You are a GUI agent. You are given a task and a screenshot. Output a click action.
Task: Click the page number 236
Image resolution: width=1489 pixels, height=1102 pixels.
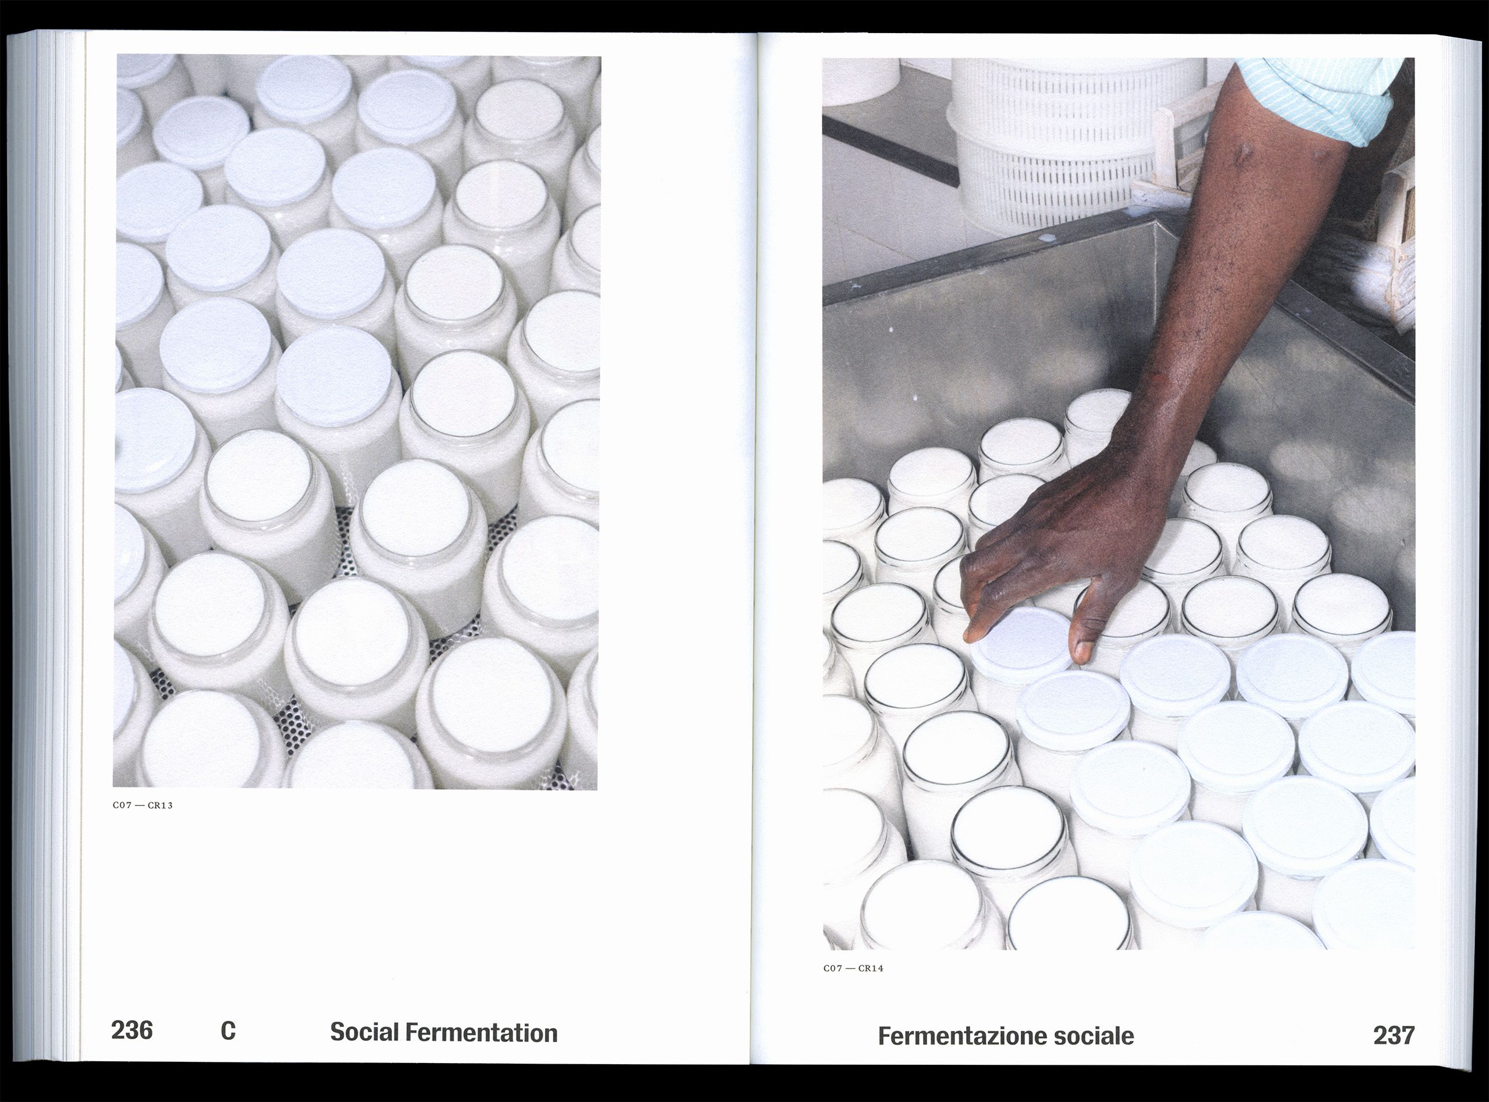click(x=132, y=1030)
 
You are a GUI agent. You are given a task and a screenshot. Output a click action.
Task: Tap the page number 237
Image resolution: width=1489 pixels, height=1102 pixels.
click(x=1394, y=1035)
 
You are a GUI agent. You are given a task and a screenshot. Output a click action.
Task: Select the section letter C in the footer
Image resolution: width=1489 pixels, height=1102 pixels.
click(x=228, y=1031)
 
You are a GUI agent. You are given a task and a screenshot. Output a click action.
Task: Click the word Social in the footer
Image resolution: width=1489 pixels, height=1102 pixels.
click(x=364, y=1033)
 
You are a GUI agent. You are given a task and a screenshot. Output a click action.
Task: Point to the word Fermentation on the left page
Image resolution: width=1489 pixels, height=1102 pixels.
click(x=482, y=1033)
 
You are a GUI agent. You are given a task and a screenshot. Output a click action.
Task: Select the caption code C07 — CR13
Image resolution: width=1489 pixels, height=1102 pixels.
click(x=143, y=805)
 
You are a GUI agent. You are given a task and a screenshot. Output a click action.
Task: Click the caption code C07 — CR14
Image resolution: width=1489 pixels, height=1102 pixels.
click(x=853, y=968)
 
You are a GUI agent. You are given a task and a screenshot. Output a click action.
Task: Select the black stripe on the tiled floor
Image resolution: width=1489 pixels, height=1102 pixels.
click(x=890, y=149)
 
